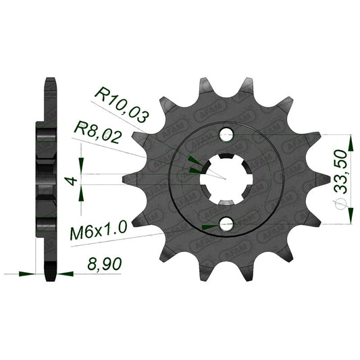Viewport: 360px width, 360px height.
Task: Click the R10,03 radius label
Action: pyautogui.click(x=122, y=105)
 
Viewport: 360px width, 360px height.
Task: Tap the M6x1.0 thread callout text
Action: pyautogui.click(x=99, y=230)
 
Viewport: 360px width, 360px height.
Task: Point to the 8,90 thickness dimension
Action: pyautogui.click(x=105, y=264)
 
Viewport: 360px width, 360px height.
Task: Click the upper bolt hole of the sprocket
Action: pyautogui.click(x=227, y=134)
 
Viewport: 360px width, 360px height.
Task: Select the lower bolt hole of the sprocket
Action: pyautogui.click(x=227, y=224)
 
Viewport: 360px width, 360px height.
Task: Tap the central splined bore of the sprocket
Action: pyautogui.click(x=226, y=179)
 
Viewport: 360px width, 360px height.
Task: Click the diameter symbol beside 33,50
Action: pyautogui.click(x=340, y=204)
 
